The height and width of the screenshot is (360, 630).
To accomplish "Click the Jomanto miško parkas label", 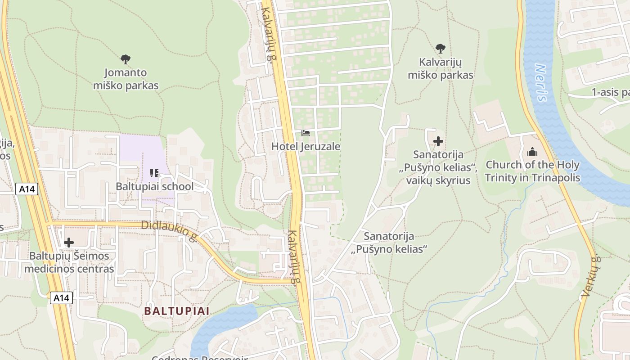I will click(x=126, y=79).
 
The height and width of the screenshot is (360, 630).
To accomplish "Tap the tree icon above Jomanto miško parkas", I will click(x=126, y=59).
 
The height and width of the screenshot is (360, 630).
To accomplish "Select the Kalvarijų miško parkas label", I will click(x=440, y=68).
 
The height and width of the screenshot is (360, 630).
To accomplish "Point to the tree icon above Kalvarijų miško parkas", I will click(x=441, y=48).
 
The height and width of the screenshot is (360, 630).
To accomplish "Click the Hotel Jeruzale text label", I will click(x=306, y=146).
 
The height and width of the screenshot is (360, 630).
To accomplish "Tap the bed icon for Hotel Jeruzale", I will click(x=306, y=133).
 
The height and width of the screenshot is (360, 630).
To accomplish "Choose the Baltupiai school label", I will click(x=154, y=186).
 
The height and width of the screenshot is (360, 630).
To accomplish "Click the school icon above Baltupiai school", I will click(x=154, y=173).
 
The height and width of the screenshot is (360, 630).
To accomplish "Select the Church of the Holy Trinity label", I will click(x=532, y=171).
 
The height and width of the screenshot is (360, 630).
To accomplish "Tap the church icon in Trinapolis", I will click(x=532, y=152).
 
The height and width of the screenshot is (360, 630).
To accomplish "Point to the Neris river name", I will click(x=541, y=83).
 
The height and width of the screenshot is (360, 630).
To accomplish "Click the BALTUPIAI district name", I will click(x=176, y=311).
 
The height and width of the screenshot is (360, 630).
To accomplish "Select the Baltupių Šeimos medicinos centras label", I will click(x=69, y=262).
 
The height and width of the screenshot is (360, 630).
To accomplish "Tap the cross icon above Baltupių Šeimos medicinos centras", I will click(x=69, y=243).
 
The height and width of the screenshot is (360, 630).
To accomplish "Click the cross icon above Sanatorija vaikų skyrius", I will click(x=438, y=142).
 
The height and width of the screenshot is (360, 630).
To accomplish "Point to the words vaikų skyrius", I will click(x=438, y=180).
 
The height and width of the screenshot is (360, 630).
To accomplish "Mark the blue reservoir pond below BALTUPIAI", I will click(x=220, y=324).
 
